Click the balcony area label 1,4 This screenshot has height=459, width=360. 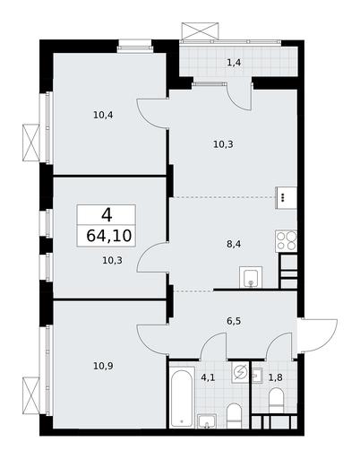click(x=235, y=63)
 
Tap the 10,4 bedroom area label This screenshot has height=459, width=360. click(x=103, y=115)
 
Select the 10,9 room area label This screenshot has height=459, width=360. click(x=103, y=366)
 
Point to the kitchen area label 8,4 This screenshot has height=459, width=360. click(x=234, y=245)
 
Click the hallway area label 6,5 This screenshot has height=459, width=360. click(x=234, y=322)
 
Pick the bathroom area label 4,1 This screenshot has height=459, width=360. click(x=208, y=378)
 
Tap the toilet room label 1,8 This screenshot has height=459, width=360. click(x=276, y=378)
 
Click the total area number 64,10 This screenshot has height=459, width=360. click(x=109, y=236)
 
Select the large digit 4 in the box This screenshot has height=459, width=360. click(x=107, y=215)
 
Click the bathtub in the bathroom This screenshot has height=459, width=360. click(x=182, y=396)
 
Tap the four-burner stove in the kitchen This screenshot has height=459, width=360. click(x=286, y=241)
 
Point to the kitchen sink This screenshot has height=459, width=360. click(x=251, y=277)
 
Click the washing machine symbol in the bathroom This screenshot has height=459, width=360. click(x=240, y=372)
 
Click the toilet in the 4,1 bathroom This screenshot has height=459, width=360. click(x=234, y=416)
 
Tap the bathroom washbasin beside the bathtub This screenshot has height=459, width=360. click(x=207, y=421)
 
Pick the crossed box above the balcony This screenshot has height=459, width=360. click(x=200, y=30)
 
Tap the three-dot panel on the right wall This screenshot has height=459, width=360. click(x=286, y=197)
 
